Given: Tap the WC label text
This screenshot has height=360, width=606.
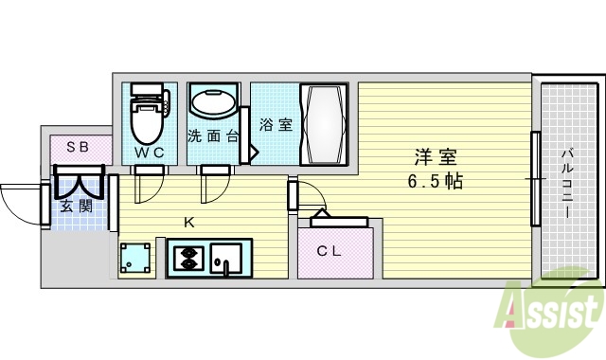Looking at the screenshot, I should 148,152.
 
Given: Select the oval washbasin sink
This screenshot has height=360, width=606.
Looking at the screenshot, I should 214,101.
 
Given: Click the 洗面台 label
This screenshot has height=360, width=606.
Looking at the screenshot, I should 212,135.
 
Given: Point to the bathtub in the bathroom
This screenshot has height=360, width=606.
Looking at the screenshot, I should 324,124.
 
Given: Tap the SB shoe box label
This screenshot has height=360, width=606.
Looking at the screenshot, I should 77,147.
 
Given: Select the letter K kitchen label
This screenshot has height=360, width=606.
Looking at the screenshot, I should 188,224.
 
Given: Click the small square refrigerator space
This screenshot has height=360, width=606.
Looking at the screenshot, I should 135,258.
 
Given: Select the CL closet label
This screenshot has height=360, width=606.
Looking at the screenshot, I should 329,251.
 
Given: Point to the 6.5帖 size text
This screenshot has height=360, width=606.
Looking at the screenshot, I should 437,180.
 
